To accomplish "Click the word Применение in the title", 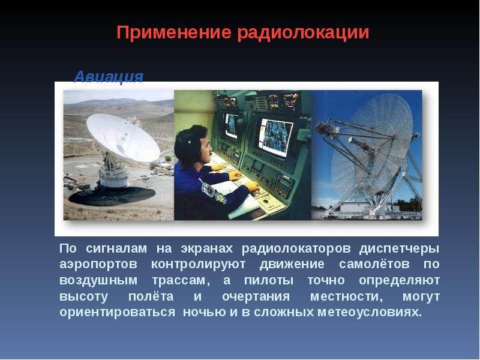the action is pyautogui.click(x=174, y=32).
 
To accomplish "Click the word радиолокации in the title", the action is pyautogui.click(x=303, y=33).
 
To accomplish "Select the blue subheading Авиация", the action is pyautogui.click(x=109, y=77).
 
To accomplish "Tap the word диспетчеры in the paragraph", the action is pyautogui.click(x=399, y=249).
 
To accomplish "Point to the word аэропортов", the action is pyautogui.click(x=98, y=265).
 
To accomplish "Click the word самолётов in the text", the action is pyautogui.click(x=374, y=264).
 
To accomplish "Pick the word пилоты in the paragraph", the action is pyautogui.click(x=268, y=280).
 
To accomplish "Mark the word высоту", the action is pyautogui.click(x=83, y=297).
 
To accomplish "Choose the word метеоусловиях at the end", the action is pyautogui.click(x=370, y=312).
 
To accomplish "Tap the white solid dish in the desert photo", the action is pyautogui.click(x=123, y=137).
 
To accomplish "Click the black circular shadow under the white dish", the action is pyautogui.click(x=112, y=196).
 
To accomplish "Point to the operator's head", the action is pyautogui.click(x=193, y=145).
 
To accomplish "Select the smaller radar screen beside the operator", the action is pyautogui.click(x=232, y=125).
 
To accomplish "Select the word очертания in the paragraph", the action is pyautogui.click(x=256, y=296).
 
